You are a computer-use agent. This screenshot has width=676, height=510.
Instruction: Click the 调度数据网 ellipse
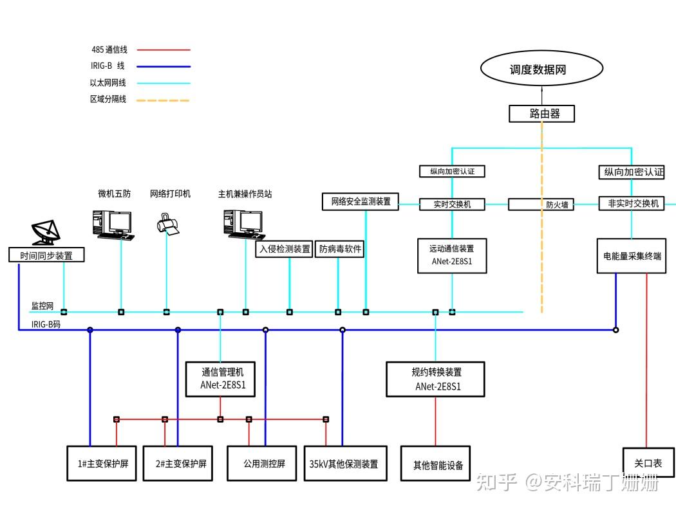pyautogui.click(x=541, y=69)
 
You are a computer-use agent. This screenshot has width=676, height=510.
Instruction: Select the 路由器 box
pyautogui.click(x=541, y=114)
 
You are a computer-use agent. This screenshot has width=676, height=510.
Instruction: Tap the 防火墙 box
pyautogui.click(x=541, y=205)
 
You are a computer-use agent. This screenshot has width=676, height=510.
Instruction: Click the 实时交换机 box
pyautogui.click(x=453, y=205)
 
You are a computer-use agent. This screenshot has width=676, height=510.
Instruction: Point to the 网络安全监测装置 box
pyautogui.click(x=361, y=201)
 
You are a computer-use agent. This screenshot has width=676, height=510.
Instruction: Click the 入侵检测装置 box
pyautogui.click(x=285, y=249)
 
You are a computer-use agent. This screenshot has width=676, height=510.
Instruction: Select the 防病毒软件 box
pyautogui.click(x=340, y=249)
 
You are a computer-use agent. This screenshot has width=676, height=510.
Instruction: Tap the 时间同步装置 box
pyautogui.click(x=46, y=255)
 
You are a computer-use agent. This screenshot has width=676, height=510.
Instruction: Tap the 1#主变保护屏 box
pyautogui.click(x=102, y=463)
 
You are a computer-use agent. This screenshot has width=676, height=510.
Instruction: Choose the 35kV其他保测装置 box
pyautogui.click(x=344, y=463)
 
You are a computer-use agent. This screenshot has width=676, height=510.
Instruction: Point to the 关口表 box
pyautogui.click(x=648, y=463)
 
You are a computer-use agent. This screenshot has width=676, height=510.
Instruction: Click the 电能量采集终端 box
pyautogui.click(x=632, y=255)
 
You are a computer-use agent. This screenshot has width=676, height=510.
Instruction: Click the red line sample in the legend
pyautogui.click(x=164, y=50)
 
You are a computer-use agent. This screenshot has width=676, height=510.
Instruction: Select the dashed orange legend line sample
pyautogui.click(x=164, y=100)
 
